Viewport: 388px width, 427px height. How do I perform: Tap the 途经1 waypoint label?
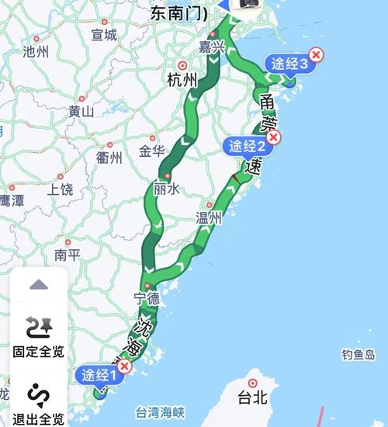point(99,376)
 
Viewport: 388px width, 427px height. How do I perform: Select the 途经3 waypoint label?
point(288,64)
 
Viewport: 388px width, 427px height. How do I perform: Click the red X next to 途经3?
point(317,54)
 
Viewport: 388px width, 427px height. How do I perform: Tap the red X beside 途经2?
point(272,137)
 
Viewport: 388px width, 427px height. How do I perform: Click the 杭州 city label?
point(182,80)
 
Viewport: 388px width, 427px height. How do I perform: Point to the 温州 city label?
point(209,219)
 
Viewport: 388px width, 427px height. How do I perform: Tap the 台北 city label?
point(253,397)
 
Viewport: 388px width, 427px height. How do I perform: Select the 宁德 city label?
point(147,297)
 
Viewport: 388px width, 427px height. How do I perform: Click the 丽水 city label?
point(167,189)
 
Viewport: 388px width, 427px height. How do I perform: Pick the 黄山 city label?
point(81,111)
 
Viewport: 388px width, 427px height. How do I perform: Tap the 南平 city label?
point(68,254)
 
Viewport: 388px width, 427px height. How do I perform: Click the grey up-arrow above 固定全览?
point(39,285)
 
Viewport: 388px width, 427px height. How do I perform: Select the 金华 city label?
point(152,151)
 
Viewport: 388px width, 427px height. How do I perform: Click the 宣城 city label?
point(104,35)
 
